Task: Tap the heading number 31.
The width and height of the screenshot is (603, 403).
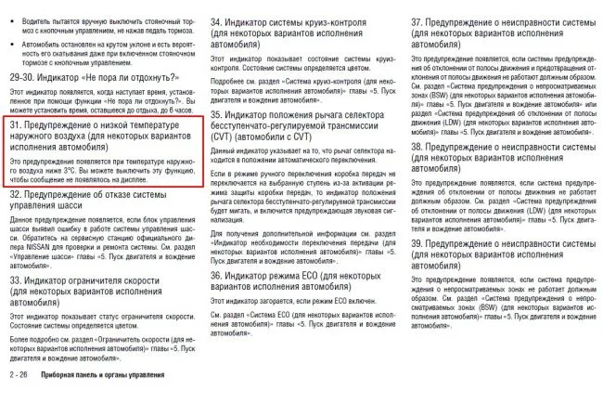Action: coord(16,123)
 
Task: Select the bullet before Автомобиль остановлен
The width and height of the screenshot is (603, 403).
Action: coord(13,44)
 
